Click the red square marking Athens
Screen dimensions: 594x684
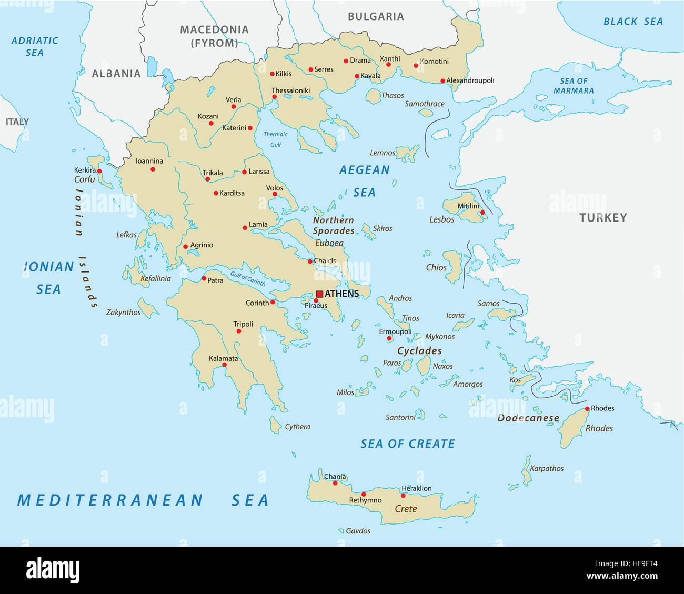(x=319, y=294)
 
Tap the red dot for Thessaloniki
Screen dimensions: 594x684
(x=274, y=97)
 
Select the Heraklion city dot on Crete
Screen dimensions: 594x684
(x=403, y=495)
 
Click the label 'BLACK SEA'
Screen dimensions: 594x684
(x=633, y=22)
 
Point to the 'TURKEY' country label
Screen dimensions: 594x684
(x=603, y=217)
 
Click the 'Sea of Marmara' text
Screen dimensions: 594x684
(x=574, y=86)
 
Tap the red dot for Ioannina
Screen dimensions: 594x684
(x=153, y=169)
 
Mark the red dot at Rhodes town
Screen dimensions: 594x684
(x=587, y=409)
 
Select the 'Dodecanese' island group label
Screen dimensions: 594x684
(x=528, y=418)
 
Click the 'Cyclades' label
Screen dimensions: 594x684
(x=419, y=351)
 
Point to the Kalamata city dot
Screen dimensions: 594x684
(x=224, y=365)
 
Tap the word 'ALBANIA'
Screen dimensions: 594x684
(x=116, y=74)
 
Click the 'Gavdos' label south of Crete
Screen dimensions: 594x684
(x=358, y=531)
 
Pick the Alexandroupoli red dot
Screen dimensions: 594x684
(x=442, y=81)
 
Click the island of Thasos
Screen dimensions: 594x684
(x=373, y=96)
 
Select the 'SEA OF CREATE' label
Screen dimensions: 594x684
(x=407, y=444)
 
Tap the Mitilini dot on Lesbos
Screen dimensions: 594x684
(x=482, y=213)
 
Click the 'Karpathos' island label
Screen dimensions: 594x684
(x=546, y=468)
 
